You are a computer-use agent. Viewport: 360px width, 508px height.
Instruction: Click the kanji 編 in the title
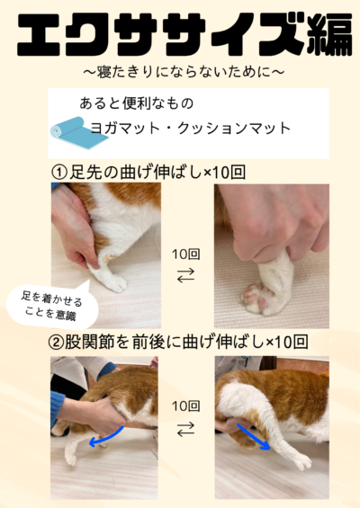329,35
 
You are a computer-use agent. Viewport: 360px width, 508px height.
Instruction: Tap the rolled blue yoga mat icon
78,133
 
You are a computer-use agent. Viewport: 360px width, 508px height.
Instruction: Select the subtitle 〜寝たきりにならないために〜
184,72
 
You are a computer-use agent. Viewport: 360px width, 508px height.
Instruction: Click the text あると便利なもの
136,103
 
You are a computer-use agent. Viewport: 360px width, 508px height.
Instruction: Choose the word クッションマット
234,128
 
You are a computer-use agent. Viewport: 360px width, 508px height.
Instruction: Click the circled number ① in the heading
59,173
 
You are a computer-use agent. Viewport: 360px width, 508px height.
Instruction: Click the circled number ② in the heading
56,343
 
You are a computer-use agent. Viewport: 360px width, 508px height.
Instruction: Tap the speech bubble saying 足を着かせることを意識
52,306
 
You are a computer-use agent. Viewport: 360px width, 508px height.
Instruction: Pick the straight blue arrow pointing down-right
254,437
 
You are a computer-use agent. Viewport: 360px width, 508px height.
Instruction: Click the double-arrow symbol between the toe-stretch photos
185,275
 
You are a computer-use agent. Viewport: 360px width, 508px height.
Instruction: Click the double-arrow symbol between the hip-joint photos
185,429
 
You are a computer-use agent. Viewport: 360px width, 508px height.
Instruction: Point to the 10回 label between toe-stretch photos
185,254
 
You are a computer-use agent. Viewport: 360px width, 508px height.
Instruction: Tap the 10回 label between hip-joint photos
185,406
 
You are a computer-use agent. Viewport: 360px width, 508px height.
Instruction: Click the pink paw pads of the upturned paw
256,297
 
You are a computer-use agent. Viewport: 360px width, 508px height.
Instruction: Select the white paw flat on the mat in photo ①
112,281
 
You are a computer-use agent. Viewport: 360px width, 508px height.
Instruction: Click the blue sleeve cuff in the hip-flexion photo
57,408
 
